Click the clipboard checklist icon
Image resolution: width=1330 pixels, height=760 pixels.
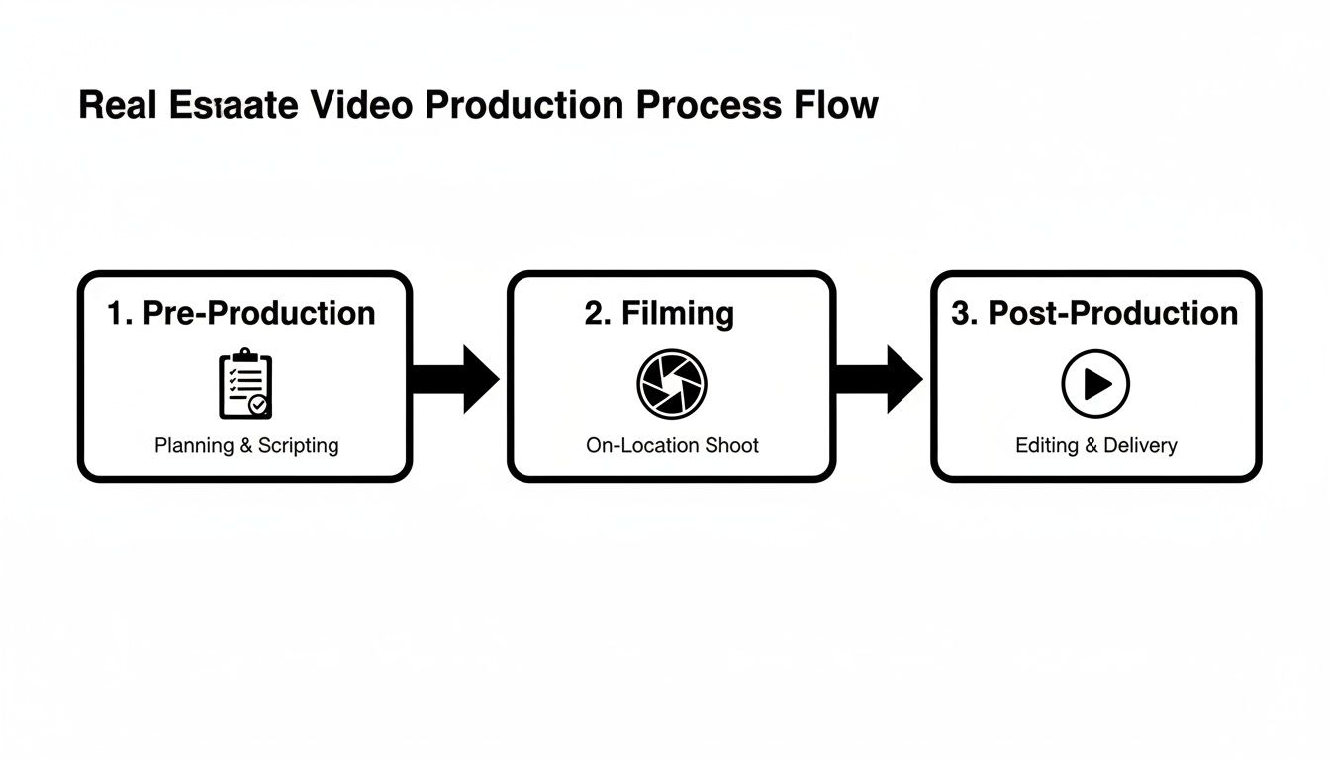coord(244,383)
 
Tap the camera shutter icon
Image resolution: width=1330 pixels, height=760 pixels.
coord(671,383)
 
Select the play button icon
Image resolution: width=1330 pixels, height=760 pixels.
coord(1095,383)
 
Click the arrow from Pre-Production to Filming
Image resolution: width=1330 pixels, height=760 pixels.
coord(455,379)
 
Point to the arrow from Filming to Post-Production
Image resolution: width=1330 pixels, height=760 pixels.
coord(879,379)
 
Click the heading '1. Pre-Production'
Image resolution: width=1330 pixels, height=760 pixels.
coord(241,313)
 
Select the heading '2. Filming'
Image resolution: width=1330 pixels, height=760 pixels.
coord(659,313)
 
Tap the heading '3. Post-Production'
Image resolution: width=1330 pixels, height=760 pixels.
coord(1094,313)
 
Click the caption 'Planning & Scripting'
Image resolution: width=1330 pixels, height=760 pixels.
coord(246,445)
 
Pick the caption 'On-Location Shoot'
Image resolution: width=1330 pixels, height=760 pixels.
coord(672,445)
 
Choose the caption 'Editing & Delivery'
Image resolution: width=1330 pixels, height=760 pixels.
coord(1096,445)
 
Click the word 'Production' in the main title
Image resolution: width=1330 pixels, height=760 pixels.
coord(523,105)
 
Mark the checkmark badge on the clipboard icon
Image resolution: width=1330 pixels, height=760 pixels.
coord(259,405)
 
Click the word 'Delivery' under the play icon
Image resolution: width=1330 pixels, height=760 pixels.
coord(1140,445)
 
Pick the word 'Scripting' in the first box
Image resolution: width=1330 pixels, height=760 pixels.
coord(298,445)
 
